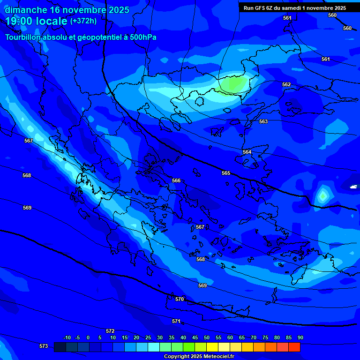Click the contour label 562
286,85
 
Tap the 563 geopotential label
263,122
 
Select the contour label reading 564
247,152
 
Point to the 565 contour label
226,173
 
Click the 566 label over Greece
176,181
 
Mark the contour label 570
180,299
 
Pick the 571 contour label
176,322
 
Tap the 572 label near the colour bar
110,331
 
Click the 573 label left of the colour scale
44,346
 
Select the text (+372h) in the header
83,21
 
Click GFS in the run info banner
260,8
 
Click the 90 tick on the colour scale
300,338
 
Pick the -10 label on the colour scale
67,338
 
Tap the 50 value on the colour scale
207,338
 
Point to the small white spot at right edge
353,187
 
